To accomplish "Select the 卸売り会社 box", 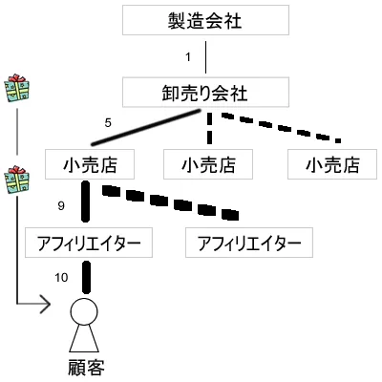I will point(206,94).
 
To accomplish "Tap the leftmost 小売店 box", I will point(87,164).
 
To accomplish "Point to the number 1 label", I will point(188,57).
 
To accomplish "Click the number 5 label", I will point(109,122).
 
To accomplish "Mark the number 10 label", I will point(62,277).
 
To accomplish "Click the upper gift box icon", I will point(16,89).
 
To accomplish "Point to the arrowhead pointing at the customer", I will point(44,306).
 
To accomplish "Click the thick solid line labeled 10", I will point(87,278).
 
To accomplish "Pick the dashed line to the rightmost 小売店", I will point(277,126).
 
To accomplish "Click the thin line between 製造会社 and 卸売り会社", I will point(206,56).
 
